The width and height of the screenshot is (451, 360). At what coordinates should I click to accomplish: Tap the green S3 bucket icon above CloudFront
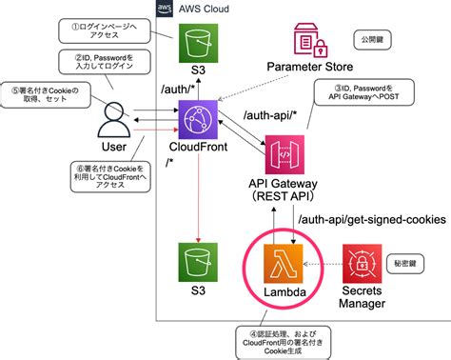click(x=198, y=44)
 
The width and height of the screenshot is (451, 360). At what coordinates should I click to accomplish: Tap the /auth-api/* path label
click(x=269, y=115)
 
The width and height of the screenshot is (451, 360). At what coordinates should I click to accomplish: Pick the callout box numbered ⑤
click(x=44, y=97)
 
